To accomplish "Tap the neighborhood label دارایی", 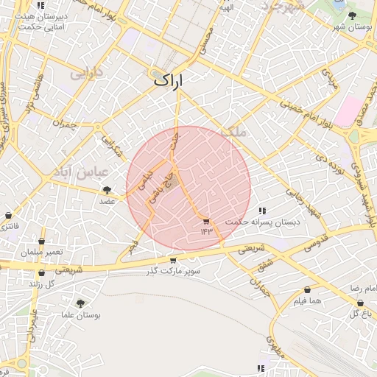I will (x=86, y=74).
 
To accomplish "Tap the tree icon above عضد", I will (x=107, y=190).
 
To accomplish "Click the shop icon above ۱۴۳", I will (x=205, y=221).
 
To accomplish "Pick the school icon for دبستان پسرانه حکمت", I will (x=263, y=211).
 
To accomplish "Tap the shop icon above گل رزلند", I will (x=42, y=272).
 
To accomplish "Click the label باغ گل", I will (x=359, y=314).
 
